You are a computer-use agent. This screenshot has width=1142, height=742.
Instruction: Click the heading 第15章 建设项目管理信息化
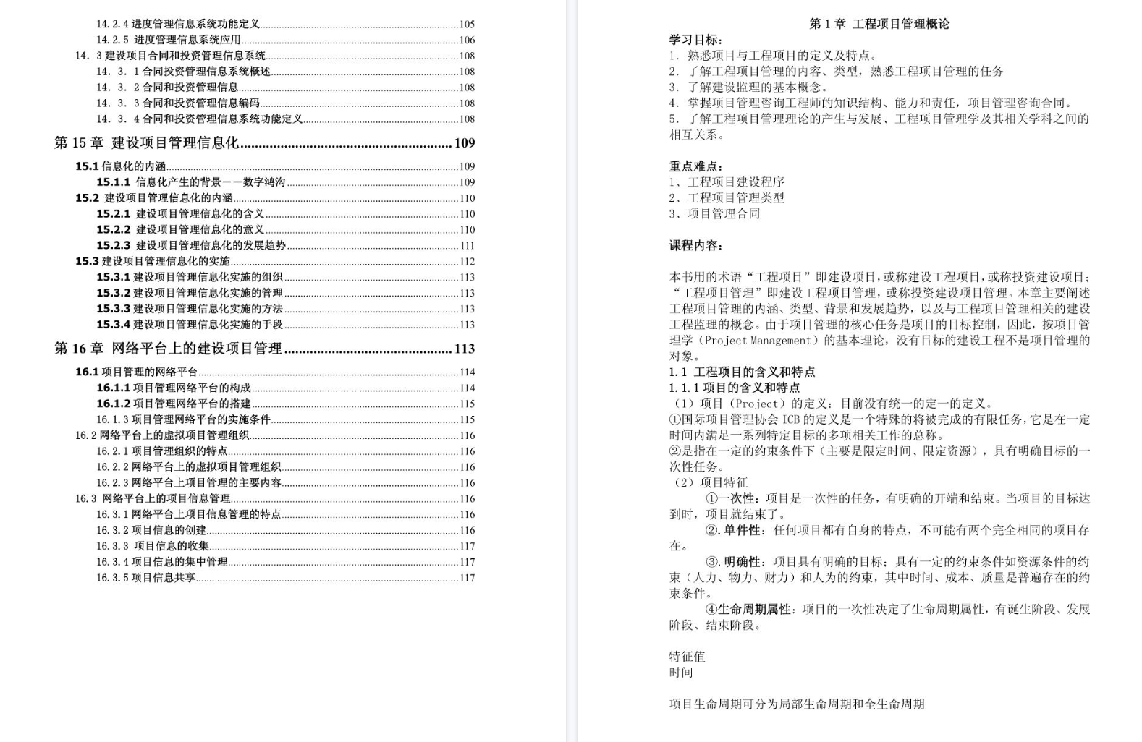click(146, 143)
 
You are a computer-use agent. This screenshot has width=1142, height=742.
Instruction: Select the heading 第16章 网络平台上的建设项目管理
click(168, 349)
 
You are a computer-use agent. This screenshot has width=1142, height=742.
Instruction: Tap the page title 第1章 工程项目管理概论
click(879, 24)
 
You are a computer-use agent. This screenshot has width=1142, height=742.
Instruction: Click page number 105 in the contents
click(467, 25)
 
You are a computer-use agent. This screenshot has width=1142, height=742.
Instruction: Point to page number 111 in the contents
click(467, 246)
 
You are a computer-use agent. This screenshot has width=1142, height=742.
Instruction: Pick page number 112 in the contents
click(467, 262)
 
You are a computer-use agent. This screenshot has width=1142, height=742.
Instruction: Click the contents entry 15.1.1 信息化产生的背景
click(191, 182)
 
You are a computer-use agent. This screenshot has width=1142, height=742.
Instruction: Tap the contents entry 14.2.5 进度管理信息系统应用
click(169, 40)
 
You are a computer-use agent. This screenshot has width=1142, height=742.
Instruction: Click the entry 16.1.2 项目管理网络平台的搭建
click(174, 404)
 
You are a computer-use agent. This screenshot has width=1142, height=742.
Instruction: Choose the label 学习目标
click(695, 40)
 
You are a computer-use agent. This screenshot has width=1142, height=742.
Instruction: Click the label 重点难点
click(695, 166)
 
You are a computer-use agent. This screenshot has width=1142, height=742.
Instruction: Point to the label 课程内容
click(695, 246)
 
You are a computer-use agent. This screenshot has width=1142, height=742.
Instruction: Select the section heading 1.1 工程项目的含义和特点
click(742, 372)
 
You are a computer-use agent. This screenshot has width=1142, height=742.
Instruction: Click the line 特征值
click(687, 657)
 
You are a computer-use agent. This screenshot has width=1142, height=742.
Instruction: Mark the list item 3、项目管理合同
click(714, 214)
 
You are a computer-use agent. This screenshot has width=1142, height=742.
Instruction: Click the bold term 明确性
click(743, 562)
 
